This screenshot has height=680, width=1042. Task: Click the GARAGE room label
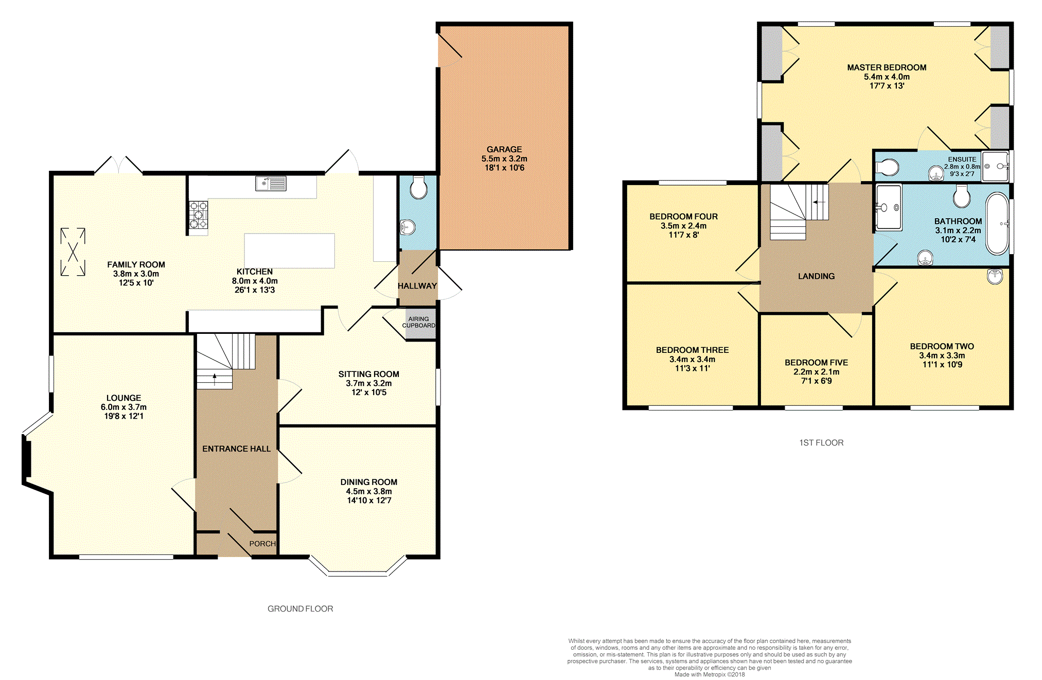504,149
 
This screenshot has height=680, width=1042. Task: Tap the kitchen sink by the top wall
271,183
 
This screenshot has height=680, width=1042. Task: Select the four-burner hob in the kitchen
198,215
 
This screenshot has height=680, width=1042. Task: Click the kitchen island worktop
289,250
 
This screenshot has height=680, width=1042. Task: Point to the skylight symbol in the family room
73,252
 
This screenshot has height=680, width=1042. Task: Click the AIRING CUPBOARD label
418,322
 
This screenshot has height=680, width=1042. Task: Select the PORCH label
262,544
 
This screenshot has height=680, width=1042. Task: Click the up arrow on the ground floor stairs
215,380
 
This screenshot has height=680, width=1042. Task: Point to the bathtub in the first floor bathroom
997,224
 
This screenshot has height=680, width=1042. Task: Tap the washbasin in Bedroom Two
995,276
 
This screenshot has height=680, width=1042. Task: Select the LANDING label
816,276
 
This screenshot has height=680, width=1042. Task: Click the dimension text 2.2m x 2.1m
816,372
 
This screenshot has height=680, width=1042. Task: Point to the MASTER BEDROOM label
887,67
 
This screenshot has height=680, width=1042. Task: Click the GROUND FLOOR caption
301,609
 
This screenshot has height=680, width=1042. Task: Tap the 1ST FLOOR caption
821,442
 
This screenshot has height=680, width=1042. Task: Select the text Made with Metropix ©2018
710,674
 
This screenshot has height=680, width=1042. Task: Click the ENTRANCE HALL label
236,449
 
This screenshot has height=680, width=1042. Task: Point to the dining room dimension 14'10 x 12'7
369,500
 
